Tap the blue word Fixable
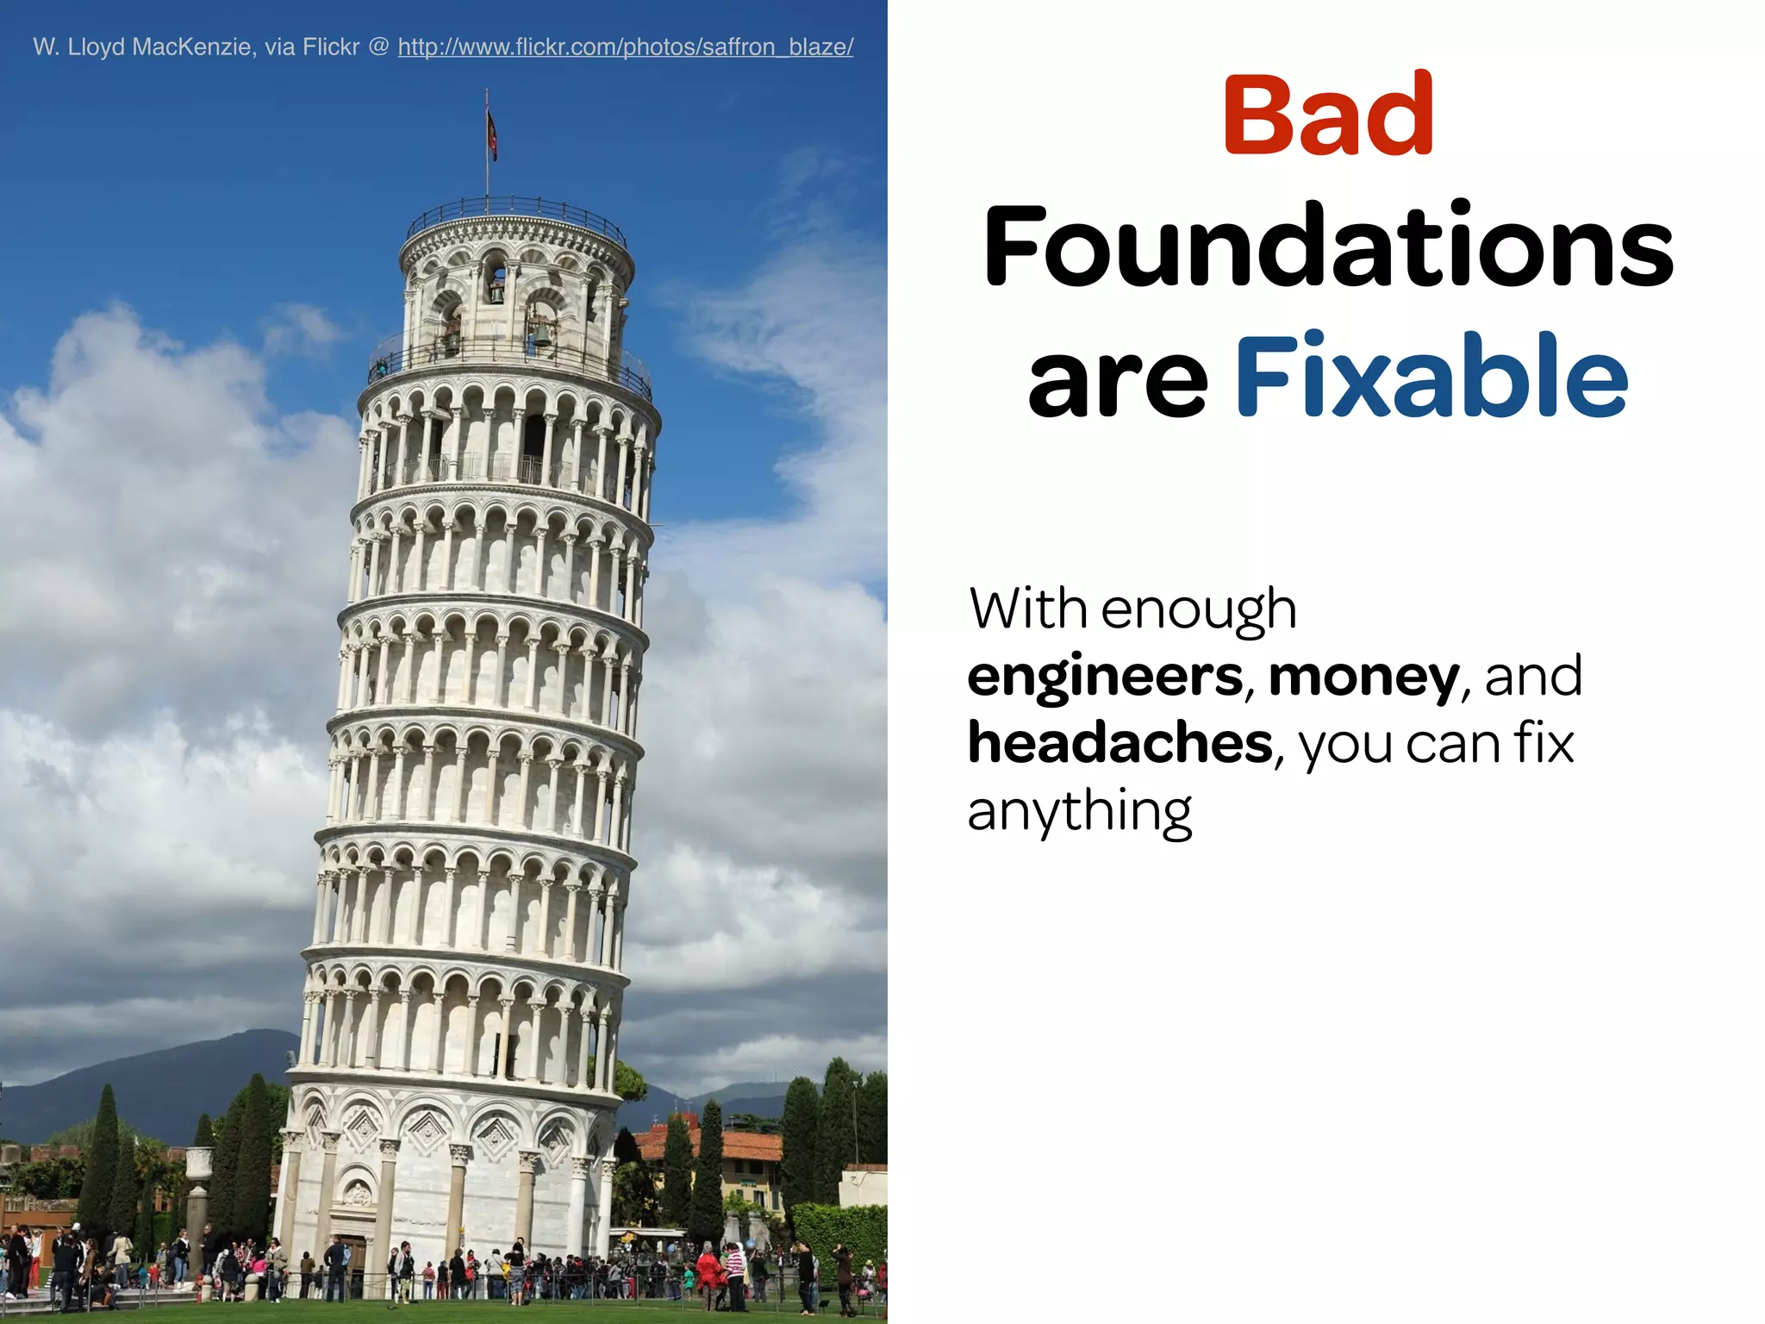(1431, 377)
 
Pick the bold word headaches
(1119, 743)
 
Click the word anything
(1079, 812)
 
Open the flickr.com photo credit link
(626, 47)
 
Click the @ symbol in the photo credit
(378, 47)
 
